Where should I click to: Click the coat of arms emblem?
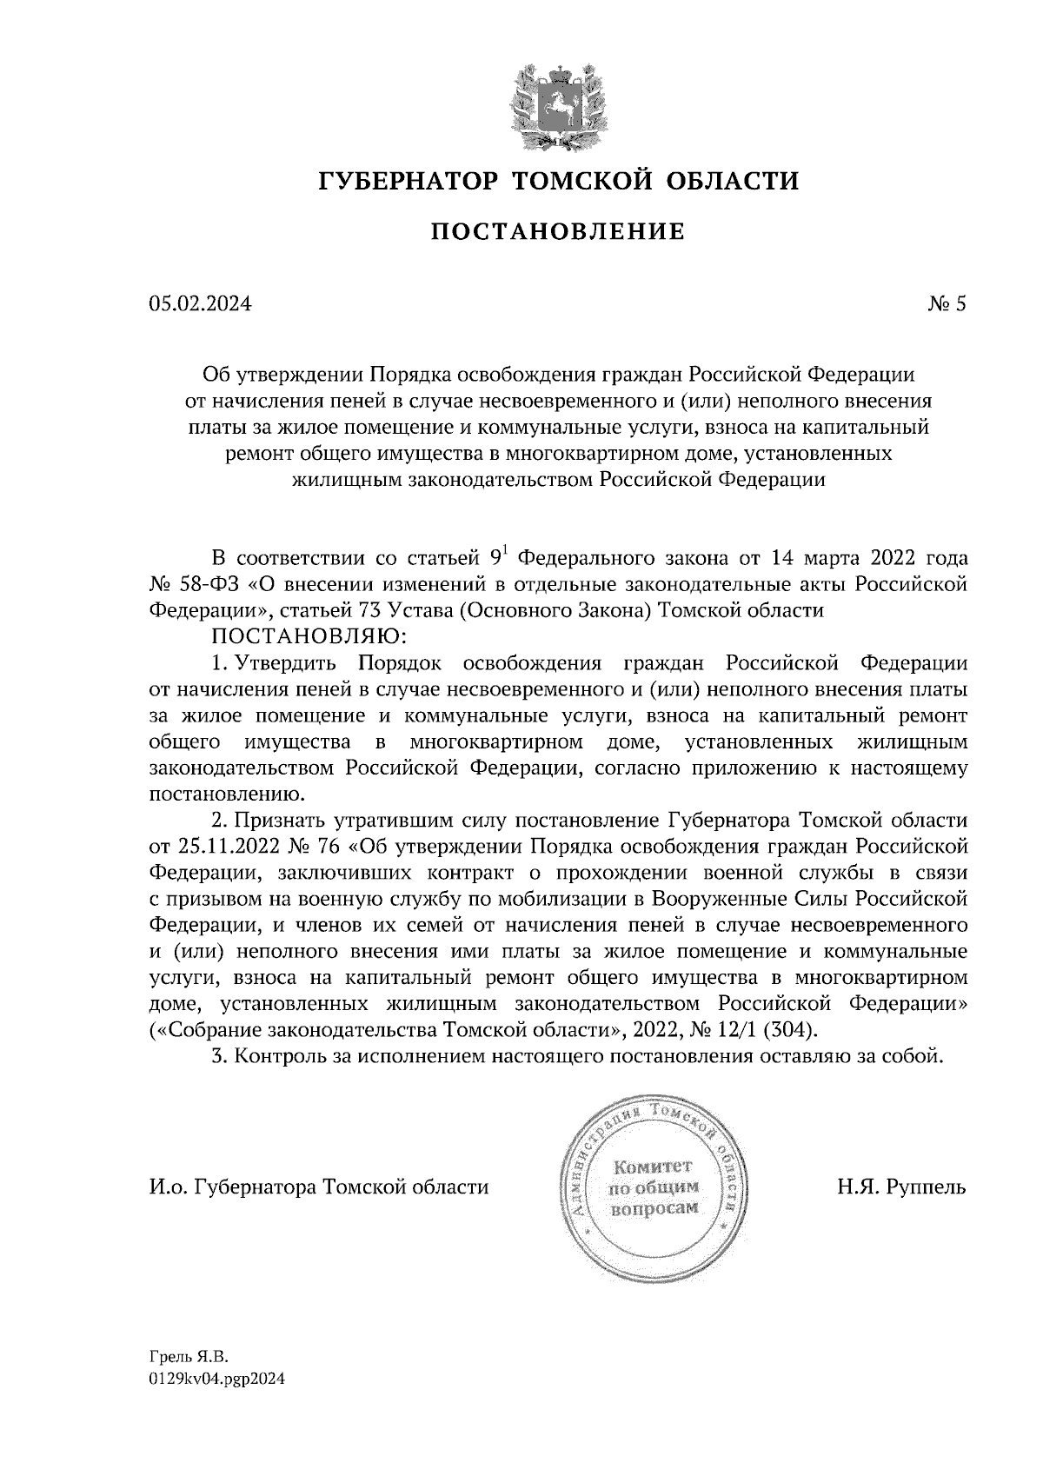coord(557,104)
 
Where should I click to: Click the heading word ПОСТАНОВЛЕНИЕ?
coord(557,232)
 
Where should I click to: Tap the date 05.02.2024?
coord(200,304)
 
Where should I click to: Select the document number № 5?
coord(947,304)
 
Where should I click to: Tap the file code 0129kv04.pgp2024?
coord(218,1379)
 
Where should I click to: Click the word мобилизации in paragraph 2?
coord(579,898)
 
